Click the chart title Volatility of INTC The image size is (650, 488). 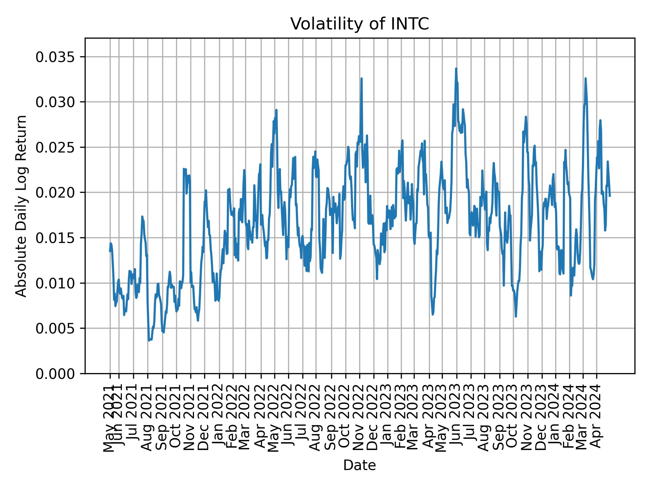[x=360, y=24]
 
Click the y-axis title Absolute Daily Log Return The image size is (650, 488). [x=22, y=206]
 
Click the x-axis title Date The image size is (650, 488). [x=360, y=465]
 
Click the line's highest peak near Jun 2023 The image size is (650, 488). [x=456, y=69]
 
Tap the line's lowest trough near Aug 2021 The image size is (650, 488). [x=149, y=340]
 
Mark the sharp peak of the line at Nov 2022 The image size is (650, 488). [x=362, y=79]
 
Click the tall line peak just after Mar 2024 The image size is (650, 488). [x=585, y=79]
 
